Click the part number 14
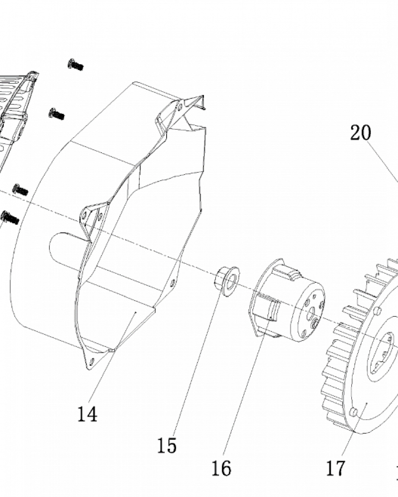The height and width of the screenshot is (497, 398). click(87, 414)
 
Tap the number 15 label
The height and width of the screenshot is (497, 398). click(167, 445)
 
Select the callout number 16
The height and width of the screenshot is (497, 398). click(221, 468)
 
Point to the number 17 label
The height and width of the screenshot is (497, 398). click(335, 468)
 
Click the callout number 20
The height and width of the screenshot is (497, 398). click(361, 133)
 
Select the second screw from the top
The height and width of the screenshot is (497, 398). click(57, 114)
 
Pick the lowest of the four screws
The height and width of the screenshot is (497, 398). click(10, 218)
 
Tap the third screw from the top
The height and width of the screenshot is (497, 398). click(20, 189)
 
